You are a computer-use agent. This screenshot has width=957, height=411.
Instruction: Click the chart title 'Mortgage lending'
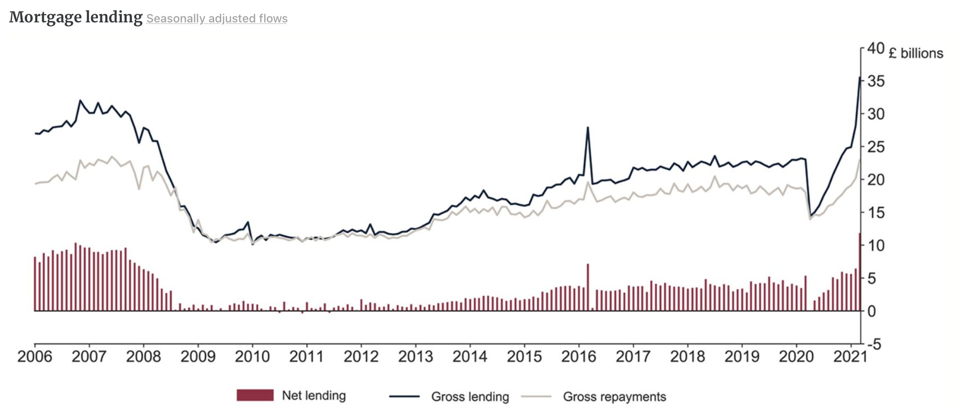75,17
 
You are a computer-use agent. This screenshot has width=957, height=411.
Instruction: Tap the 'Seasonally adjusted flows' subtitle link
217,19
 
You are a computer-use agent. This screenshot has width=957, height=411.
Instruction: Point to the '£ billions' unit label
916,53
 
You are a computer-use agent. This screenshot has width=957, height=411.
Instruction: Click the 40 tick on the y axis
876,48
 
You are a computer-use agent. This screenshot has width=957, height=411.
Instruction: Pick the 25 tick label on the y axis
876,147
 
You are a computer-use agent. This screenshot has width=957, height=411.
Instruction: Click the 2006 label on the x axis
35,357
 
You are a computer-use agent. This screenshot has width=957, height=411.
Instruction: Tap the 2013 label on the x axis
416,357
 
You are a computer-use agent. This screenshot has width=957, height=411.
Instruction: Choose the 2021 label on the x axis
850,357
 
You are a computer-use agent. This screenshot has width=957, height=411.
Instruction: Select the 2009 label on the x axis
198,357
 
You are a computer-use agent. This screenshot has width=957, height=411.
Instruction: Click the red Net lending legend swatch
255,395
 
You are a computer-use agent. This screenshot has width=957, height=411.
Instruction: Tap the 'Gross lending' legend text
470,397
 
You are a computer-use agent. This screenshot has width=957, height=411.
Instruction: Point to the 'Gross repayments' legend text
614,397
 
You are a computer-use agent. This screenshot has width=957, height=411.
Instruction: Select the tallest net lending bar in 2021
860,271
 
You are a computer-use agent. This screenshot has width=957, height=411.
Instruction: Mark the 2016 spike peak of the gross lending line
588,127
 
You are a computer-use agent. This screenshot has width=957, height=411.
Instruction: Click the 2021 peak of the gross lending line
860,77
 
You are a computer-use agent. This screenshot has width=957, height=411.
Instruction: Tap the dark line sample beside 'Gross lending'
404,396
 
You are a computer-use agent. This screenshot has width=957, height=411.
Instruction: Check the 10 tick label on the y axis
876,245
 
